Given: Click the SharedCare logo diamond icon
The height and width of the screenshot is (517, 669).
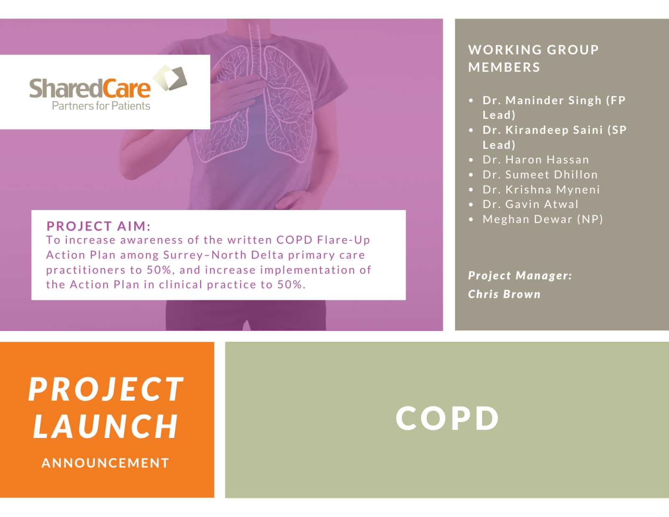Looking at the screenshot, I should click(171, 78).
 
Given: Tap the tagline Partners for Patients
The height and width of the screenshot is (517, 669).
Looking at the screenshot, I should click(101, 106).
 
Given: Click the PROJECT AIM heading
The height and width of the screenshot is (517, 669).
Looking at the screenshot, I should click(98, 226).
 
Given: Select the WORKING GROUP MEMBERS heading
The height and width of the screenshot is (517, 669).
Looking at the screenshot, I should click(533, 59).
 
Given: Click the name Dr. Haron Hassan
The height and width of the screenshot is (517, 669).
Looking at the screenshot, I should click(536, 160).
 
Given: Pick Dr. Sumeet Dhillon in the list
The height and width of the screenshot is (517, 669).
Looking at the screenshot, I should click(540, 175).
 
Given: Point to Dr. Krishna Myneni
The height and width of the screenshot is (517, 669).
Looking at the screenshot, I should click(541, 190).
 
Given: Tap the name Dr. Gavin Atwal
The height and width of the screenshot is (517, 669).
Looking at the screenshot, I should click(530, 205).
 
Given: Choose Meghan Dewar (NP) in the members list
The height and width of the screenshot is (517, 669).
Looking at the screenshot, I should click(542, 220).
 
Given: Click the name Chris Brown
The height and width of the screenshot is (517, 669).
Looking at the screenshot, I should click(504, 294).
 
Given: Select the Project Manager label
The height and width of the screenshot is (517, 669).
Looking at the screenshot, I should click(520, 276).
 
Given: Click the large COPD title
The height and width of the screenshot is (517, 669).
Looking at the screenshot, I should click(447, 418).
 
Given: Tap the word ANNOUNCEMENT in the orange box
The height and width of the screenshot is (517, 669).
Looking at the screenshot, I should click(105, 463).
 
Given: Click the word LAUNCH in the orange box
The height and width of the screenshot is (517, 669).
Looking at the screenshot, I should click(106, 427).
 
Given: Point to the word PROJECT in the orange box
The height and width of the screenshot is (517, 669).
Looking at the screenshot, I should click(106, 389).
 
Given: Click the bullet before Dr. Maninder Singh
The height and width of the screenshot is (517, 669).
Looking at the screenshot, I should click(471, 101).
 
